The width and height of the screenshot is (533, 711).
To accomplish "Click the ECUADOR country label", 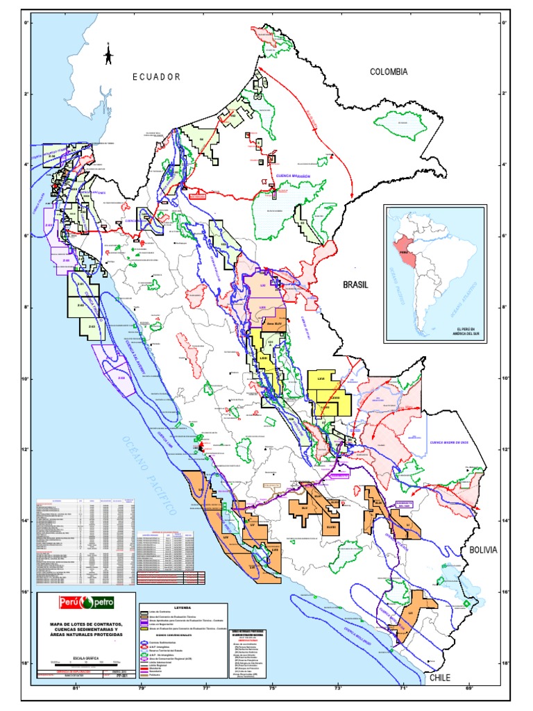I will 157,77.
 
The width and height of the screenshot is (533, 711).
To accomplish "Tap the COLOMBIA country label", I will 388,72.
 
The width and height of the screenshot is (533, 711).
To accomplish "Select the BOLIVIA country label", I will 483,549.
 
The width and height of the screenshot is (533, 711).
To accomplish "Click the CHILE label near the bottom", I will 440,678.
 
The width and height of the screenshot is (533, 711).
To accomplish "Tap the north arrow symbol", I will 108,55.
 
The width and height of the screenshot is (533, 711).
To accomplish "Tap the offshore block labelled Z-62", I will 80,305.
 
